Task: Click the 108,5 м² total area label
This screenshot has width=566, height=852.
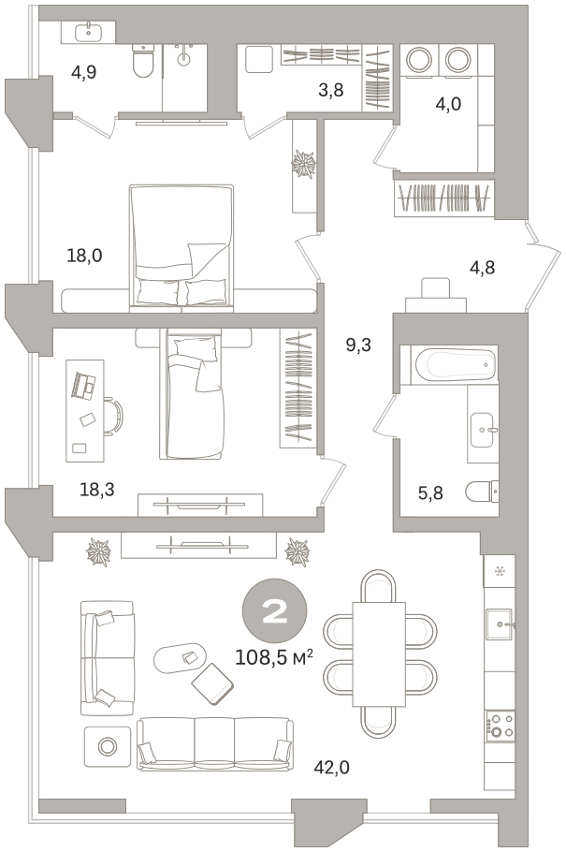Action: click(274, 657)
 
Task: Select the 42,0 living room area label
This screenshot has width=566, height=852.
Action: click(331, 767)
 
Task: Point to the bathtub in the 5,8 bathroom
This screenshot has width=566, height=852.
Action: click(456, 364)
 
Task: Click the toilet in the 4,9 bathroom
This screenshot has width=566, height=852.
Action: click(143, 60)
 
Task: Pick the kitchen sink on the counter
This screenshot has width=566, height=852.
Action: click(500, 624)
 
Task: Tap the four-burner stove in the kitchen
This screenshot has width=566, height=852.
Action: click(500, 726)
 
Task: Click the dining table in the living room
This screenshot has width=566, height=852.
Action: click(379, 654)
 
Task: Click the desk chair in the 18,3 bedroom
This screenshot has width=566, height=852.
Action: click(113, 417)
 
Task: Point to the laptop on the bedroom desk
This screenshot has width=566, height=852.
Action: click(83, 385)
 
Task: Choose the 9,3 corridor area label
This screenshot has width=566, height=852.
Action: click(358, 345)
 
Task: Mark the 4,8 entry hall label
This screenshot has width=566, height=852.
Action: click(483, 268)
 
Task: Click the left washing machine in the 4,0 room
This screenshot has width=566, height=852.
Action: click(419, 60)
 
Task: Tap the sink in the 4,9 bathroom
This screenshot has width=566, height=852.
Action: click(88, 32)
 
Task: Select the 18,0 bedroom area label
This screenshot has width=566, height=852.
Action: click(84, 255)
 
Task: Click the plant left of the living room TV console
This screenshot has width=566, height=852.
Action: click(98, 552)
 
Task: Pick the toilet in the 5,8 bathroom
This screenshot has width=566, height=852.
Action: click(482, 492)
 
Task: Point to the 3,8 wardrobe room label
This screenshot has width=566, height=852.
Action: click(331, 90)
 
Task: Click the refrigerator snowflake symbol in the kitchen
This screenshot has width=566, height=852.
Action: click(500, 571)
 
